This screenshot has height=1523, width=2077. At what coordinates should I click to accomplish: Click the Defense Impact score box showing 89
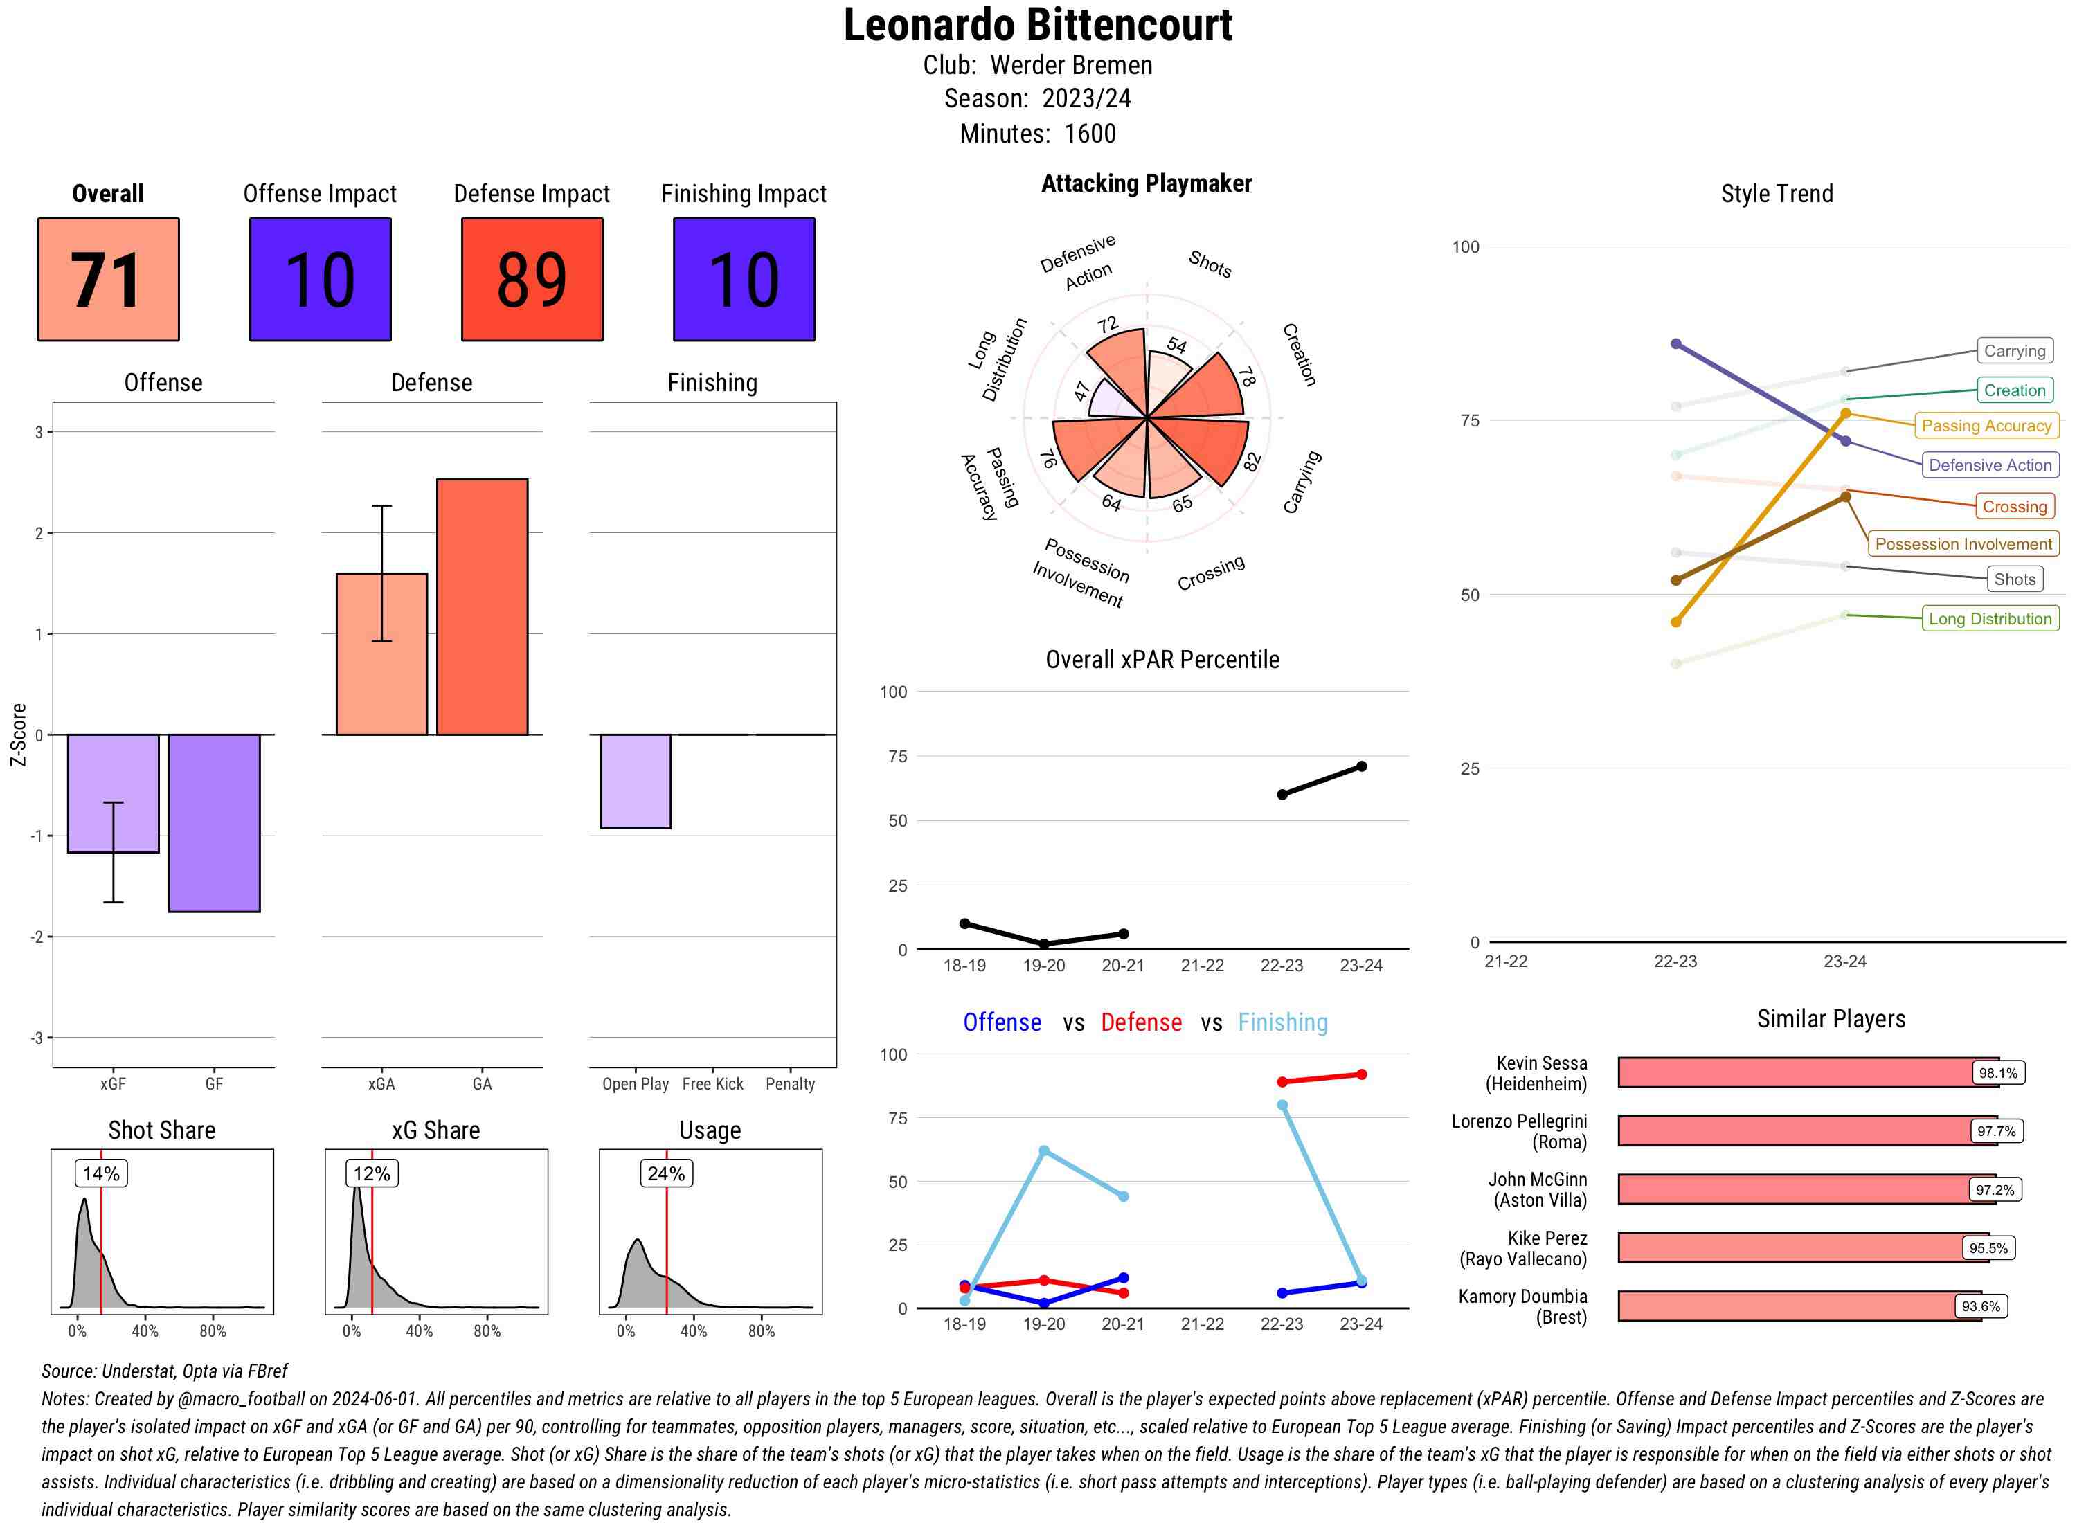[x=532, y=280]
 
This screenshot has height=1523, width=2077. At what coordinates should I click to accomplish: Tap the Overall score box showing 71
[x=108, y=280]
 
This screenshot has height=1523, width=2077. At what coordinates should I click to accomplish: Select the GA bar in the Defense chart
[x=482, y=606]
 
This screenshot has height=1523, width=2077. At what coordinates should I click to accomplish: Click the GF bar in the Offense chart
[x=214, y=822]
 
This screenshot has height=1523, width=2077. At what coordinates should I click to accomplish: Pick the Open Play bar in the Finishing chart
[x=635, y=781]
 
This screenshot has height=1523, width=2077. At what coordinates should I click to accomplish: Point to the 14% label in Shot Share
[x=100, y=1173]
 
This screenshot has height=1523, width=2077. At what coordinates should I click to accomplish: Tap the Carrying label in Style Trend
[x=2014, y=350]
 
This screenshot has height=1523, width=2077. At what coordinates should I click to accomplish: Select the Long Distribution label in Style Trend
[x=1990, y=619]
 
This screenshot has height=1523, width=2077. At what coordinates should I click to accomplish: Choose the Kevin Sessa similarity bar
[x=1807, y=1073]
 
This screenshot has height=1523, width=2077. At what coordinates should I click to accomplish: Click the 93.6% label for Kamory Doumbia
[x=1980, y=1306]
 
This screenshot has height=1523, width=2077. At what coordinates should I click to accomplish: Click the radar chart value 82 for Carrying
[x=1251, y=462]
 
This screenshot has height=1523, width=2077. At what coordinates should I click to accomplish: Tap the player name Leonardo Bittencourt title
[x=1038, y=26]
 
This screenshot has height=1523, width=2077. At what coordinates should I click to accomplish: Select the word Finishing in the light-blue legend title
[x=1282, y=1022]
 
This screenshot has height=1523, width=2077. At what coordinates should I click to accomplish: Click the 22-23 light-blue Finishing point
[x=1282, y=1106]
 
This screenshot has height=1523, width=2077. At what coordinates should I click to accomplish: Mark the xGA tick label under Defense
[x=381, y=1084]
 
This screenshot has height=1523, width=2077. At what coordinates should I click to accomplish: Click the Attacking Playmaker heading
[x=1146, y=183]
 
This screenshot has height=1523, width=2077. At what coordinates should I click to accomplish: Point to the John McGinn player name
[x=1537, y=1189]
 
